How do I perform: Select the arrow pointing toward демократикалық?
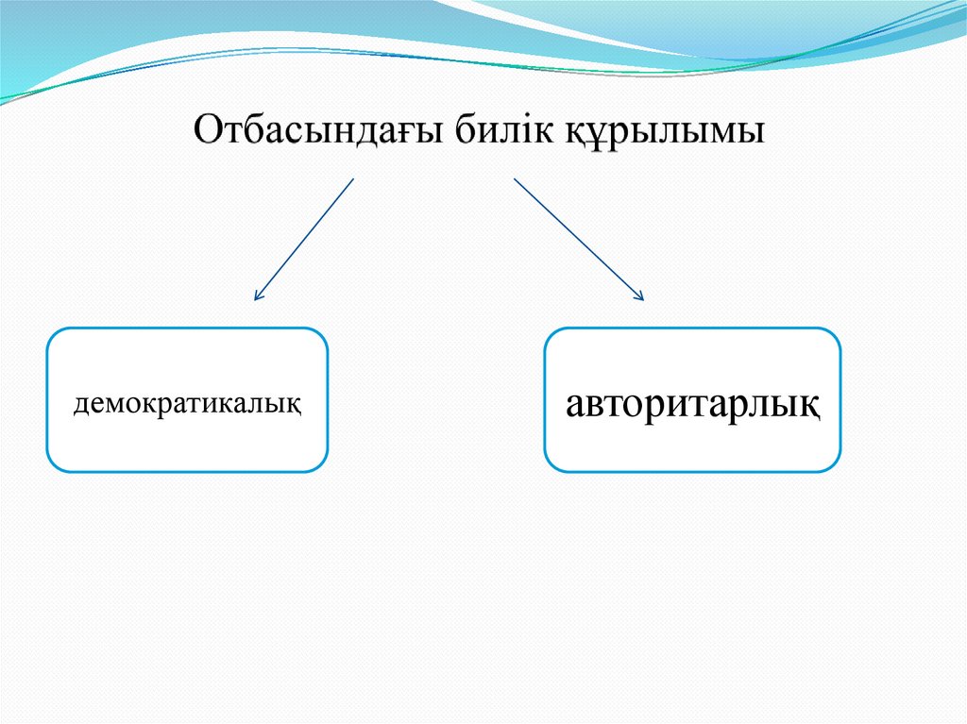[303, 240]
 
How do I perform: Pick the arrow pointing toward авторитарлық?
[578, 239]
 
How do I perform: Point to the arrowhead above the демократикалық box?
[256, 297]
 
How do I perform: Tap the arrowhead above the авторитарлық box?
[640, 297]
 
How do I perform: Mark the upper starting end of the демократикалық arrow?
[352, 179]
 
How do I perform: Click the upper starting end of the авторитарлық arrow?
[516, 178]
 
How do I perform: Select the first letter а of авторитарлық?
[576, 406]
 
